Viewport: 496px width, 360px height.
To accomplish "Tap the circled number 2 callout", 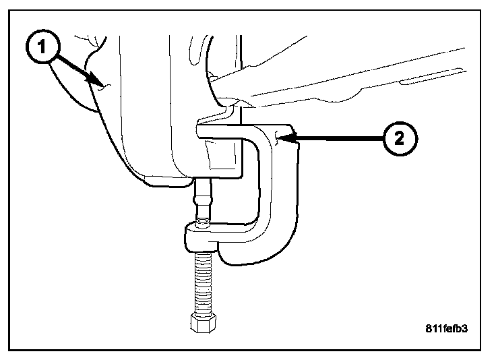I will pos(400,139).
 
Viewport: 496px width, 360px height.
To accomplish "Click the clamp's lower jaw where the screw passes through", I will pos(202,237).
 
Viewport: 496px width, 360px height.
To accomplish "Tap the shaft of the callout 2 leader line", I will pos(337,139).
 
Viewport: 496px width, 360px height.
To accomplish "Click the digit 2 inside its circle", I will pos(400,139).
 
